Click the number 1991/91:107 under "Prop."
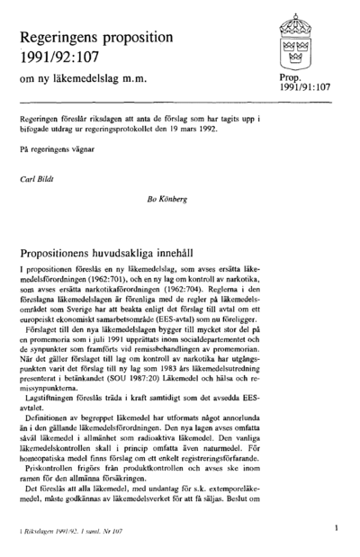click(x=305, y=91)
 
